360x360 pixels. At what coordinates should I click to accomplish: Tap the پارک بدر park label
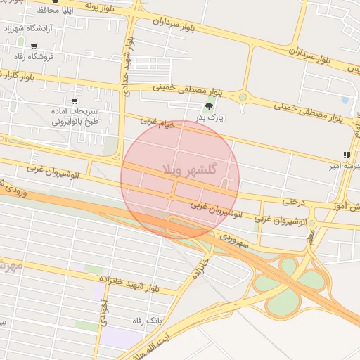[x=210, y=118]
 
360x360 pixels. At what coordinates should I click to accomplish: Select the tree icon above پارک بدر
[x=208, y=107]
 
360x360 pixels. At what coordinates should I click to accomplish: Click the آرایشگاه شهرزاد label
[x=33, y=30]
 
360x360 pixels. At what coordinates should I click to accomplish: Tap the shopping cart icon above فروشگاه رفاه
[x=33, y=46]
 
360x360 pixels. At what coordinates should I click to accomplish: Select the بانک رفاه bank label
[x=147, y=321]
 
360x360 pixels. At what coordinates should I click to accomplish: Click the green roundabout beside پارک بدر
[x=243, y=97]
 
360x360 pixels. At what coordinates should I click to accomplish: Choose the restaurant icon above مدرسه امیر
[x=346, y=155]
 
